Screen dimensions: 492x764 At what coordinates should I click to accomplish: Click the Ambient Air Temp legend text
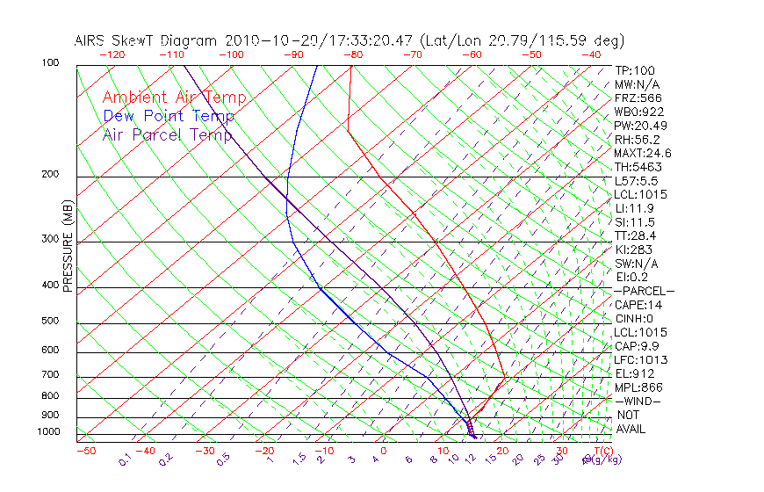pyautogui.click(x=175, y=98)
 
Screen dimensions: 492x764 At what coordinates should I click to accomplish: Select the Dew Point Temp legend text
pyautogui.click(x=169, y=116)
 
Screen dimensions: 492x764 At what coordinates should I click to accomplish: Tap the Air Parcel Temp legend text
pyautogui.click(x=168, y=134)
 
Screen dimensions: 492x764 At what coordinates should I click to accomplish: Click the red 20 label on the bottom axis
pyautogui.click(x=502, y=451)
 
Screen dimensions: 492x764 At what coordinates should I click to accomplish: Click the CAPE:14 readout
pyautogui.click(x=637, y=305)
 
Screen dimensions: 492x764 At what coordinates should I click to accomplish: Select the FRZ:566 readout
pyautogui.click(x=638, y=98)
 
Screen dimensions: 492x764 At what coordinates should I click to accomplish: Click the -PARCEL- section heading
pyautogui.click(x=644, y=291)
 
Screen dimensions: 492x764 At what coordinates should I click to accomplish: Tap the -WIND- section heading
pyautogui.click(x=638, y=401)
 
